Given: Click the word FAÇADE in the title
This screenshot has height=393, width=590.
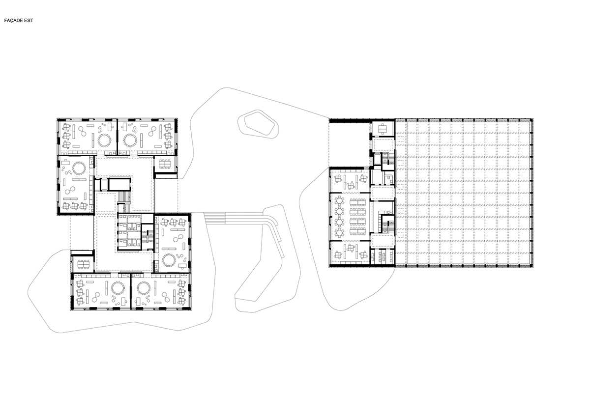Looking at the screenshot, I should tap(14, 22).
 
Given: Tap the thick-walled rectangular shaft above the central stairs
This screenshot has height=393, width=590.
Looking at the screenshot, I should tap(117, 184).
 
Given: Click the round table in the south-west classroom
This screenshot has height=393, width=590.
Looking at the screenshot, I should tap(118, 287).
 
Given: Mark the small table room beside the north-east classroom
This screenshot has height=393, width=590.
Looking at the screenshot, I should tap(165, 166).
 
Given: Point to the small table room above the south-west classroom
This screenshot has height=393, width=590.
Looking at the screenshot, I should tap(82, 261).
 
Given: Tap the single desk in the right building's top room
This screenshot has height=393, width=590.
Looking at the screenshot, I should tap(382, 128).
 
